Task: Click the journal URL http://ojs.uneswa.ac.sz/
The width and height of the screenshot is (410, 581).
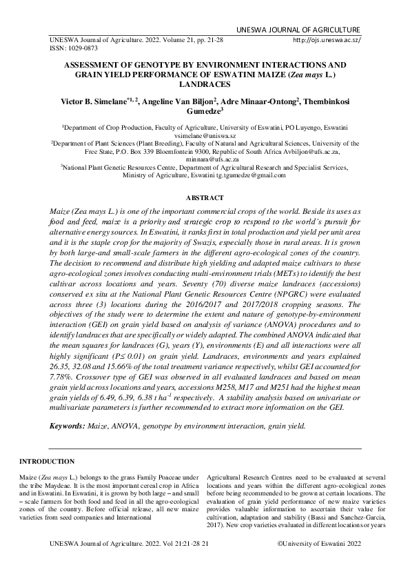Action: pos(327,40)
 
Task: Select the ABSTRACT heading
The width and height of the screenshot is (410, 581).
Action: pos(205,197)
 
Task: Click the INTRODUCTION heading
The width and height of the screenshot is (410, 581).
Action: pos(47,461)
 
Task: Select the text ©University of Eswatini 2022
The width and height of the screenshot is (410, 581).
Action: pos(318,544)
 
